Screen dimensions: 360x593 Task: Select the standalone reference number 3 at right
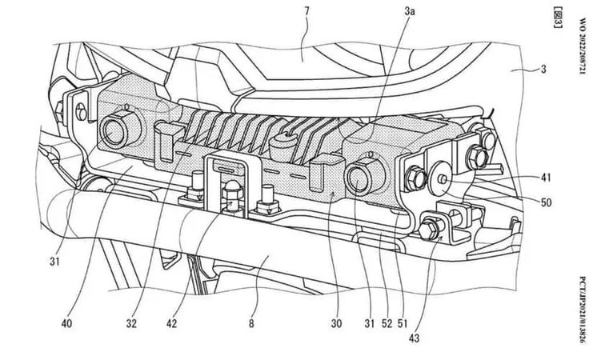point(543,70)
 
